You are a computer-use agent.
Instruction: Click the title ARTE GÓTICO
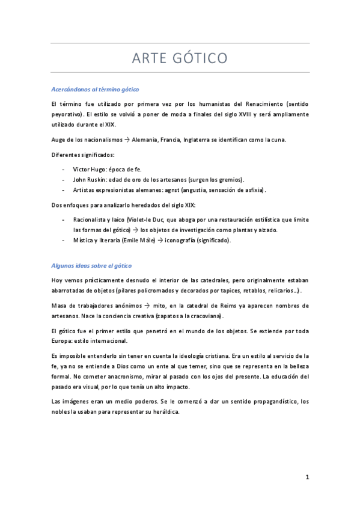tap(179, 58)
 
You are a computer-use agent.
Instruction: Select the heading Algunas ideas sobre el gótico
tap(90, 265)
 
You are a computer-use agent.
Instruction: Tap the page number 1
tap(307, 478)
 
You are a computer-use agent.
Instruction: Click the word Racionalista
tap(92, 220)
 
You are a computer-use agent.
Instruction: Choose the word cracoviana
tap(204, 316)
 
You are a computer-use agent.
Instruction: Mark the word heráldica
tap(162, 412)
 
